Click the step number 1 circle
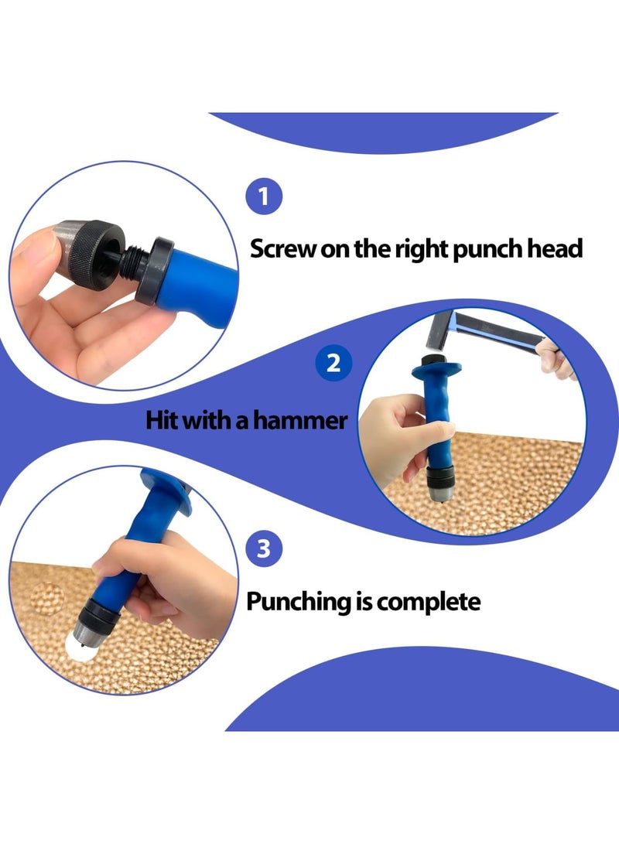[264, 196]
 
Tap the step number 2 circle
[333, 362]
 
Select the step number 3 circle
[264, 549]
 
